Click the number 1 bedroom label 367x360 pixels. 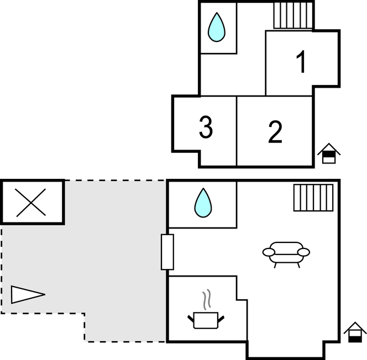click(301, 62)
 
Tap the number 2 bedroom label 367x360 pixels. click(275, 131)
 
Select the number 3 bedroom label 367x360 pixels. click(206, 128)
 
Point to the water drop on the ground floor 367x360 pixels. click(203, 203)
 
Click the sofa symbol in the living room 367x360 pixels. click(286, 253)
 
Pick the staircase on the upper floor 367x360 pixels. click(293, 15)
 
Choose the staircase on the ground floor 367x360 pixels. click(313, 198)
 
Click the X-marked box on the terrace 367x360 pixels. click(32, 202)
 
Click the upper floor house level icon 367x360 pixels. click(329, 153)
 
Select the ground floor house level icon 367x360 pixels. click(354, 333)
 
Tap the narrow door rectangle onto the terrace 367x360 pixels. click(167, 252)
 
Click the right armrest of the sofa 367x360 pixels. click(303, 252)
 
